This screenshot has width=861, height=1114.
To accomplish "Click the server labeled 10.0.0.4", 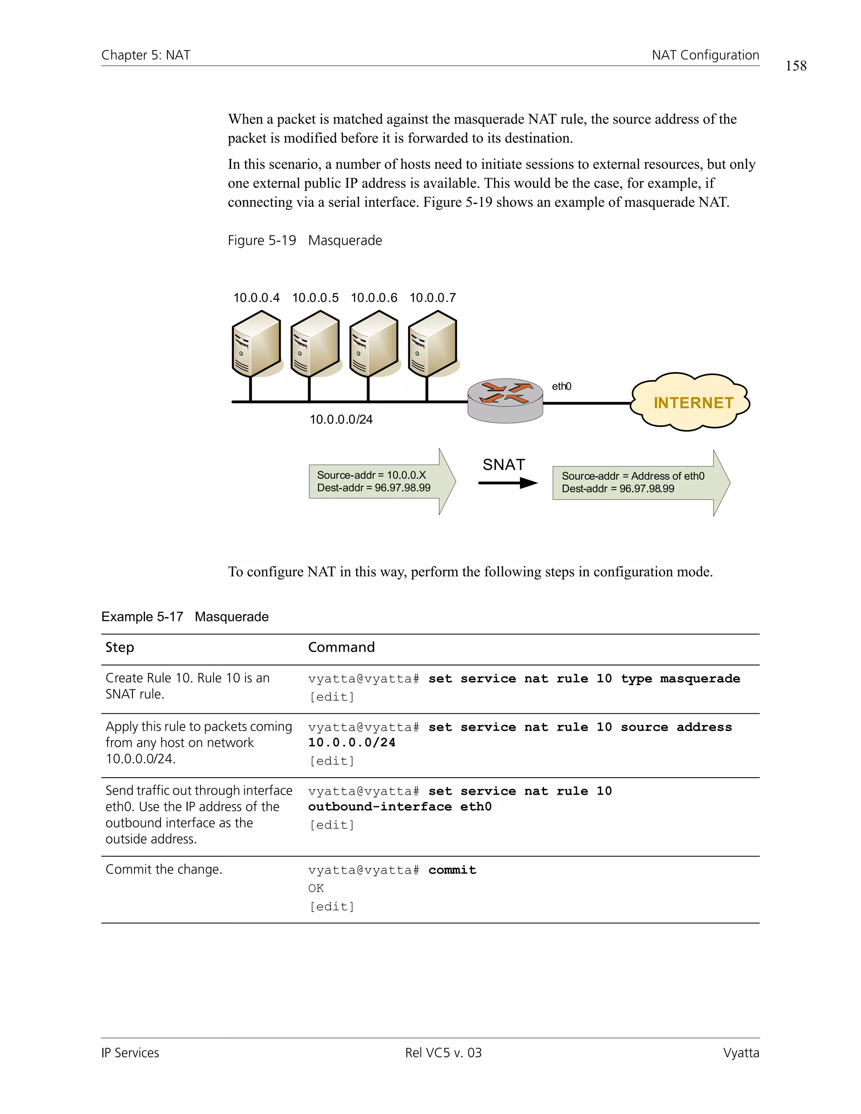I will [x=256, y=344].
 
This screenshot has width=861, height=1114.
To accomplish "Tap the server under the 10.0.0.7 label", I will [x=433, y=344].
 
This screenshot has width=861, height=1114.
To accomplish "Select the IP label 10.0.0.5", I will [x=315, y=298].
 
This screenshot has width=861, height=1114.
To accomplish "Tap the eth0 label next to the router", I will [x=561, y=386].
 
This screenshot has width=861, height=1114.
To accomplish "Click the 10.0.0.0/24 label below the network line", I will [x=341, y=419].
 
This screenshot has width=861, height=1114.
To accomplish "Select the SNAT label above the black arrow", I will [x=503, y=465].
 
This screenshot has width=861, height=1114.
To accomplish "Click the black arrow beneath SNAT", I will [x=507, y=483].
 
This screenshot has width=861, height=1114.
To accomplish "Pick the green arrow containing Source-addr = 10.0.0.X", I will [x=382, y=481].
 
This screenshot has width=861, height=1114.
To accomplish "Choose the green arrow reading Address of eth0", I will [x=640, y=482].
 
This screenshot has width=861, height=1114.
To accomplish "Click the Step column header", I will [x=120, y=647].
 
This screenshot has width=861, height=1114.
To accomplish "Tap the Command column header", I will [x=341, y=647].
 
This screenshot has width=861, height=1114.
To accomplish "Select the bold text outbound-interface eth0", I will [x=399, y=806].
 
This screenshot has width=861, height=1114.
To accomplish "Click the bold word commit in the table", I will [x=452, y=870].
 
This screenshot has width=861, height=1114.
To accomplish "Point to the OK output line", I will [x=316, y=888].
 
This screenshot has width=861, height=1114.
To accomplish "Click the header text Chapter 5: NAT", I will [x=146, y=55].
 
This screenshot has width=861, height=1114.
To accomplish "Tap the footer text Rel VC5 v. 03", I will [x=443, y=1053].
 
